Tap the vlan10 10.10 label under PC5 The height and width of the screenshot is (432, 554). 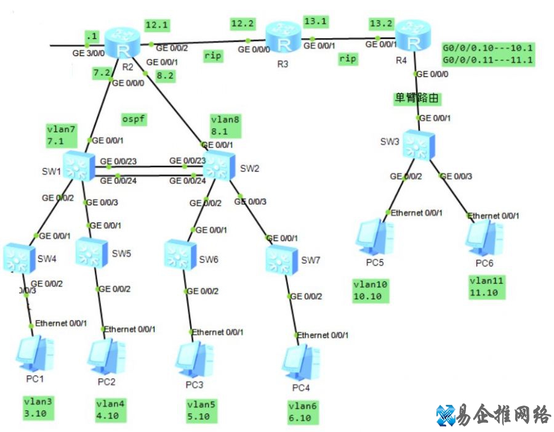[x=368, y=290]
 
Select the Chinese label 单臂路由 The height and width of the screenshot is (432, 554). [x=417, y=97]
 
